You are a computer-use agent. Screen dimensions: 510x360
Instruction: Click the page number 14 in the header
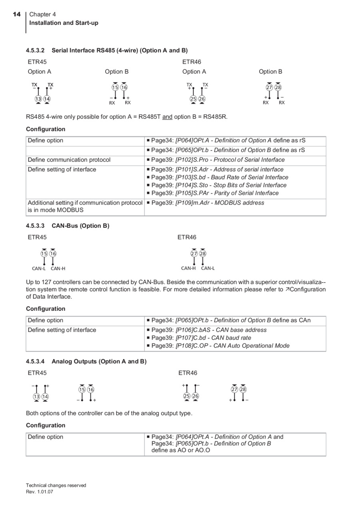pyautogui.click(x=16, y=14)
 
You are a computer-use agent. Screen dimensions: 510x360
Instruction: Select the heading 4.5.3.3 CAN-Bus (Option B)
pyautogui.click(x=68, y=226)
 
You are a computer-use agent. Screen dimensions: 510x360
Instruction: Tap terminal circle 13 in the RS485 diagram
pyautogui.click(x=38, y=99)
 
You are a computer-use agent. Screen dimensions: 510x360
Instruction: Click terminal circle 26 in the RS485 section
pyautogui.click(x=202, y=99)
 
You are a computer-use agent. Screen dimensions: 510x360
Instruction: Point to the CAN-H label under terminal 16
pyautogui.click(x=58, y=269)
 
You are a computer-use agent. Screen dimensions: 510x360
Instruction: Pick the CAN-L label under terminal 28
pyautogui.click(x=208, y=268)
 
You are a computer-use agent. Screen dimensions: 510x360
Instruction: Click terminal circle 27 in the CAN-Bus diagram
pyautogui.click(x=194, y=253)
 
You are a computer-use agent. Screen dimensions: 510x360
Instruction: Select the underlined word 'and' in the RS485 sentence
pyautogui.click(x=167, y=117)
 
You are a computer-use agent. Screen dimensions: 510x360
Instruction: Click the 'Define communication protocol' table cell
pyautogui.click(x=69, y=160)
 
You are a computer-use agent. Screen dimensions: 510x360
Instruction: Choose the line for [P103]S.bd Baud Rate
pyautogui.click(x=220, y=177)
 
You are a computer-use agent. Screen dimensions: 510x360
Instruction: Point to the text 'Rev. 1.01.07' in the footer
pyautogui.click(x=40, y=492)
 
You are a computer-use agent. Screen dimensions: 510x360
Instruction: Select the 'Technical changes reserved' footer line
pyautogui.click(x=56, y=486)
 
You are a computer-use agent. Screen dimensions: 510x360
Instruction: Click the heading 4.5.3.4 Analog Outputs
pyautogui.click(x=86, y=361)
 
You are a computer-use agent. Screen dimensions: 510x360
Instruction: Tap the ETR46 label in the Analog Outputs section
pyautogui.click(x=188, y=373)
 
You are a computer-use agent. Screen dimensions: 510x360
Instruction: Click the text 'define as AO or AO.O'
pyautogui.click(x=181, y=450)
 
